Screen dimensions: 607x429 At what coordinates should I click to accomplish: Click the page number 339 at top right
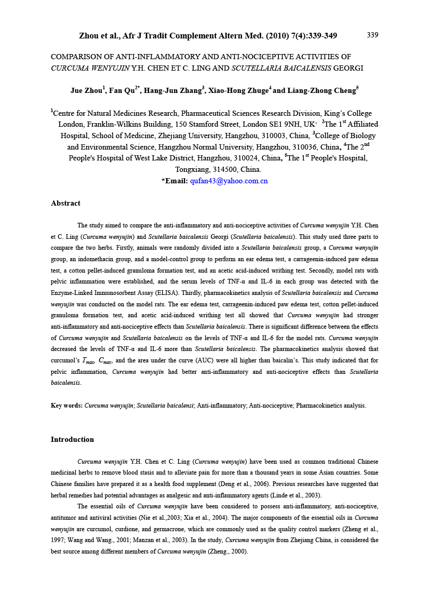pos(372,35)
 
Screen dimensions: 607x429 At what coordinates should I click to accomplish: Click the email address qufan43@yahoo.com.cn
pos(229,181)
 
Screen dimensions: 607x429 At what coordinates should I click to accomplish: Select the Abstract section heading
pos(65,203)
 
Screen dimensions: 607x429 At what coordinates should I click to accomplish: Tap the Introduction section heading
pos(72,439)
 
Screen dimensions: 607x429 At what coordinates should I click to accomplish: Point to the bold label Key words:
pos(66,406)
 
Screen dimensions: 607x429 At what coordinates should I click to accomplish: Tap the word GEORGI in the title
pos(348,68)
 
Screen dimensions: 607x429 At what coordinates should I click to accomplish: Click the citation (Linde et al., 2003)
pos(295,495)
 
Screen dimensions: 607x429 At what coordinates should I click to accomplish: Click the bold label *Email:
pos(175,181)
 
